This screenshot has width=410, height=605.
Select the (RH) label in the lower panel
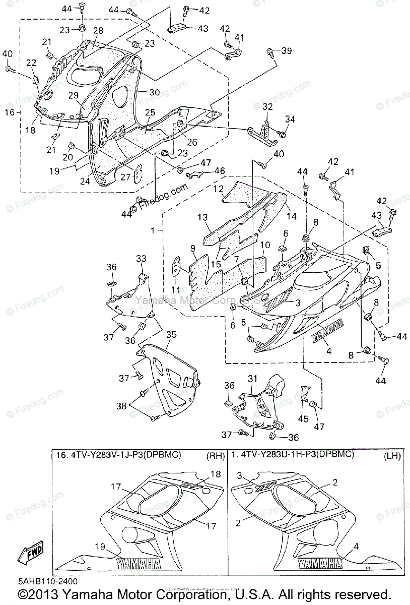[216, 457]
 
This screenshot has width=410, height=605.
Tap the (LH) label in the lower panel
[391, 457]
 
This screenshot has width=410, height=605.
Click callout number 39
[286, 50]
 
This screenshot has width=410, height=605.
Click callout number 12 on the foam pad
[218, 189]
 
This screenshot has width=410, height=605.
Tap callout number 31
[252, 379]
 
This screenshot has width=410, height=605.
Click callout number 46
[220, 171]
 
